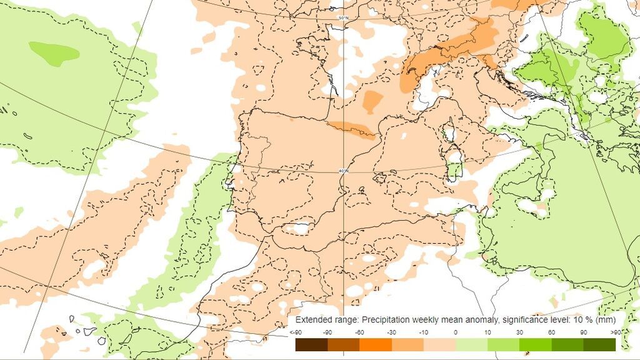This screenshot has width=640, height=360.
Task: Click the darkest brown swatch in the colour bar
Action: (311, 344)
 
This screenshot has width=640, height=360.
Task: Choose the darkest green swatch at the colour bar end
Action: (599, 344)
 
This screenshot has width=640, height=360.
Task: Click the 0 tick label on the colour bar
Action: (456, 332)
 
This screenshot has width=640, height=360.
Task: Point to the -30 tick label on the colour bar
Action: (392, 332)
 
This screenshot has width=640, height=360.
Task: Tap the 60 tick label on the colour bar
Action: (552, 332)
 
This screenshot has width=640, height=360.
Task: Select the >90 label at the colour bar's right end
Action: (616, 332)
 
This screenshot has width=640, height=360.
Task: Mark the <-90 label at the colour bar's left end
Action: (296, 332)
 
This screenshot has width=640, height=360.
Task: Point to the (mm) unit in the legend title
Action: (604, 320)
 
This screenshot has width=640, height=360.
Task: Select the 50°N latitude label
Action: (343, 17)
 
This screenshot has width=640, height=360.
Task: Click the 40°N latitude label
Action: (343, 170)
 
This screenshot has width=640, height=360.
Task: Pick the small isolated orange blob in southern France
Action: (373, 101)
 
